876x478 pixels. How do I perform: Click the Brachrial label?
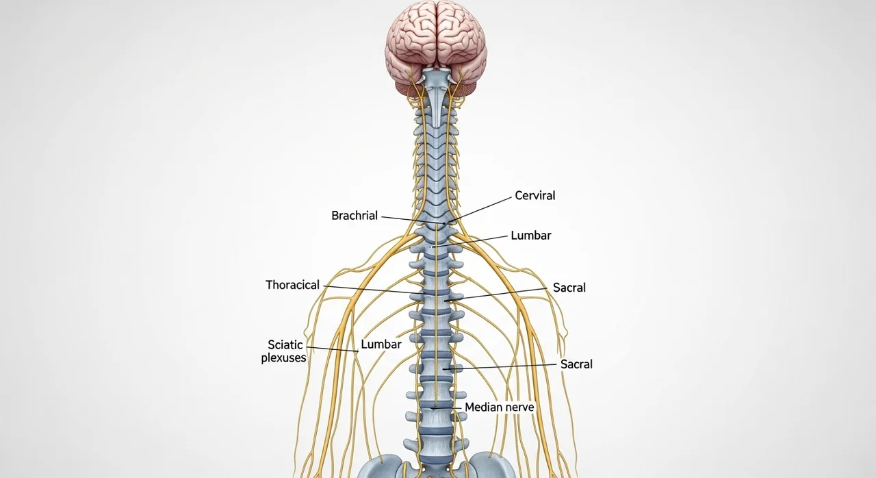[355, 216]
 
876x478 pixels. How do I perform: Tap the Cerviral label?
[534, 196]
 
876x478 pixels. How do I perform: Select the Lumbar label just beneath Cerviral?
[530, 236]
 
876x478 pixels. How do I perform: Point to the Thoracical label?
[292, 285]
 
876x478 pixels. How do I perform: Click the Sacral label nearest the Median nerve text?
[576, 364]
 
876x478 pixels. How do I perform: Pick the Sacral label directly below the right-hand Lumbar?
[569, 288]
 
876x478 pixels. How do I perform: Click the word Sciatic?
[285, 345]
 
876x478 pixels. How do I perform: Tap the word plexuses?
[283, 358]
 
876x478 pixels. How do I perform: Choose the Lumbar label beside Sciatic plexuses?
[381, 344]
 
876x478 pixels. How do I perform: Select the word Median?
[483, 407]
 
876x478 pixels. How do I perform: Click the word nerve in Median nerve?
[519, 407]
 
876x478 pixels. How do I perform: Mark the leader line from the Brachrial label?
[411, 220]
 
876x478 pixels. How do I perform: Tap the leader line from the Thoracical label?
[370, 290]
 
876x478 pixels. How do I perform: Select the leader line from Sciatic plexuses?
[332, 349]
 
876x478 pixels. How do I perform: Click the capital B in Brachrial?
[335, 216]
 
